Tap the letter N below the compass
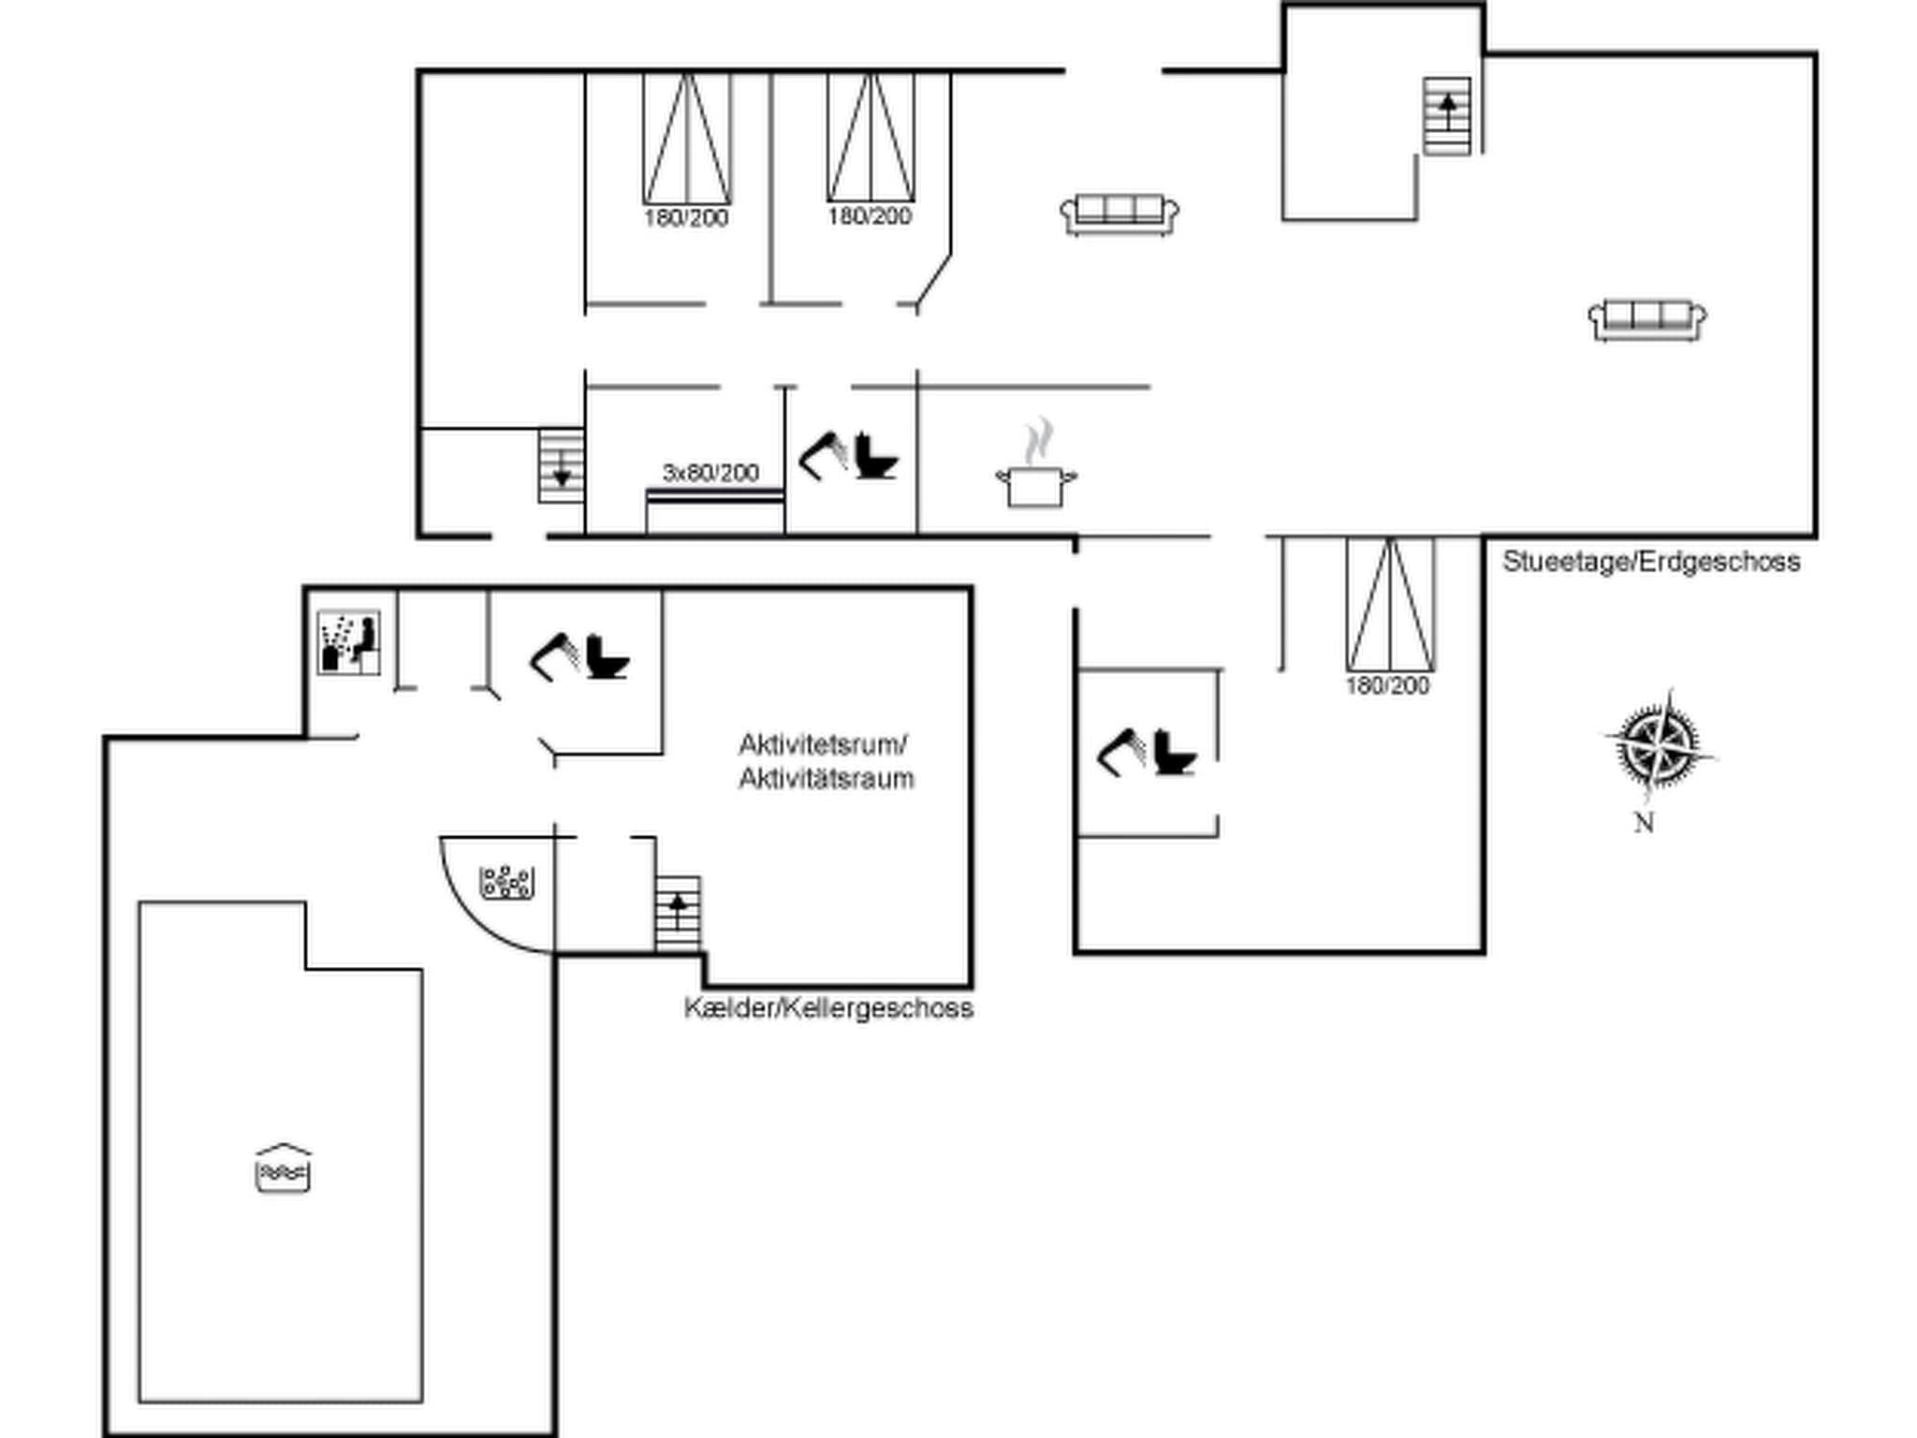1644,823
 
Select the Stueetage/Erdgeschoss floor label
1651,562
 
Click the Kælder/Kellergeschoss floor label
828,1008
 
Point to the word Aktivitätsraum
826,779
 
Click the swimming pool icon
283,1169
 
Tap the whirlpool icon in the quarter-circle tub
506,882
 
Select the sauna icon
348,642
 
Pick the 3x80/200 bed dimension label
710,473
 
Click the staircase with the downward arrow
561,465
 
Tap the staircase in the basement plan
678,914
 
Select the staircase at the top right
1447,116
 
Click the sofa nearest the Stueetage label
1647,320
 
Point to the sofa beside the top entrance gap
1119,214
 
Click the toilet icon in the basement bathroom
607,657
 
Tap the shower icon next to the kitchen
823,455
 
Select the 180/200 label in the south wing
1387,686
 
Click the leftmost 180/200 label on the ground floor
686,218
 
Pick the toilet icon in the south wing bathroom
1175,754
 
